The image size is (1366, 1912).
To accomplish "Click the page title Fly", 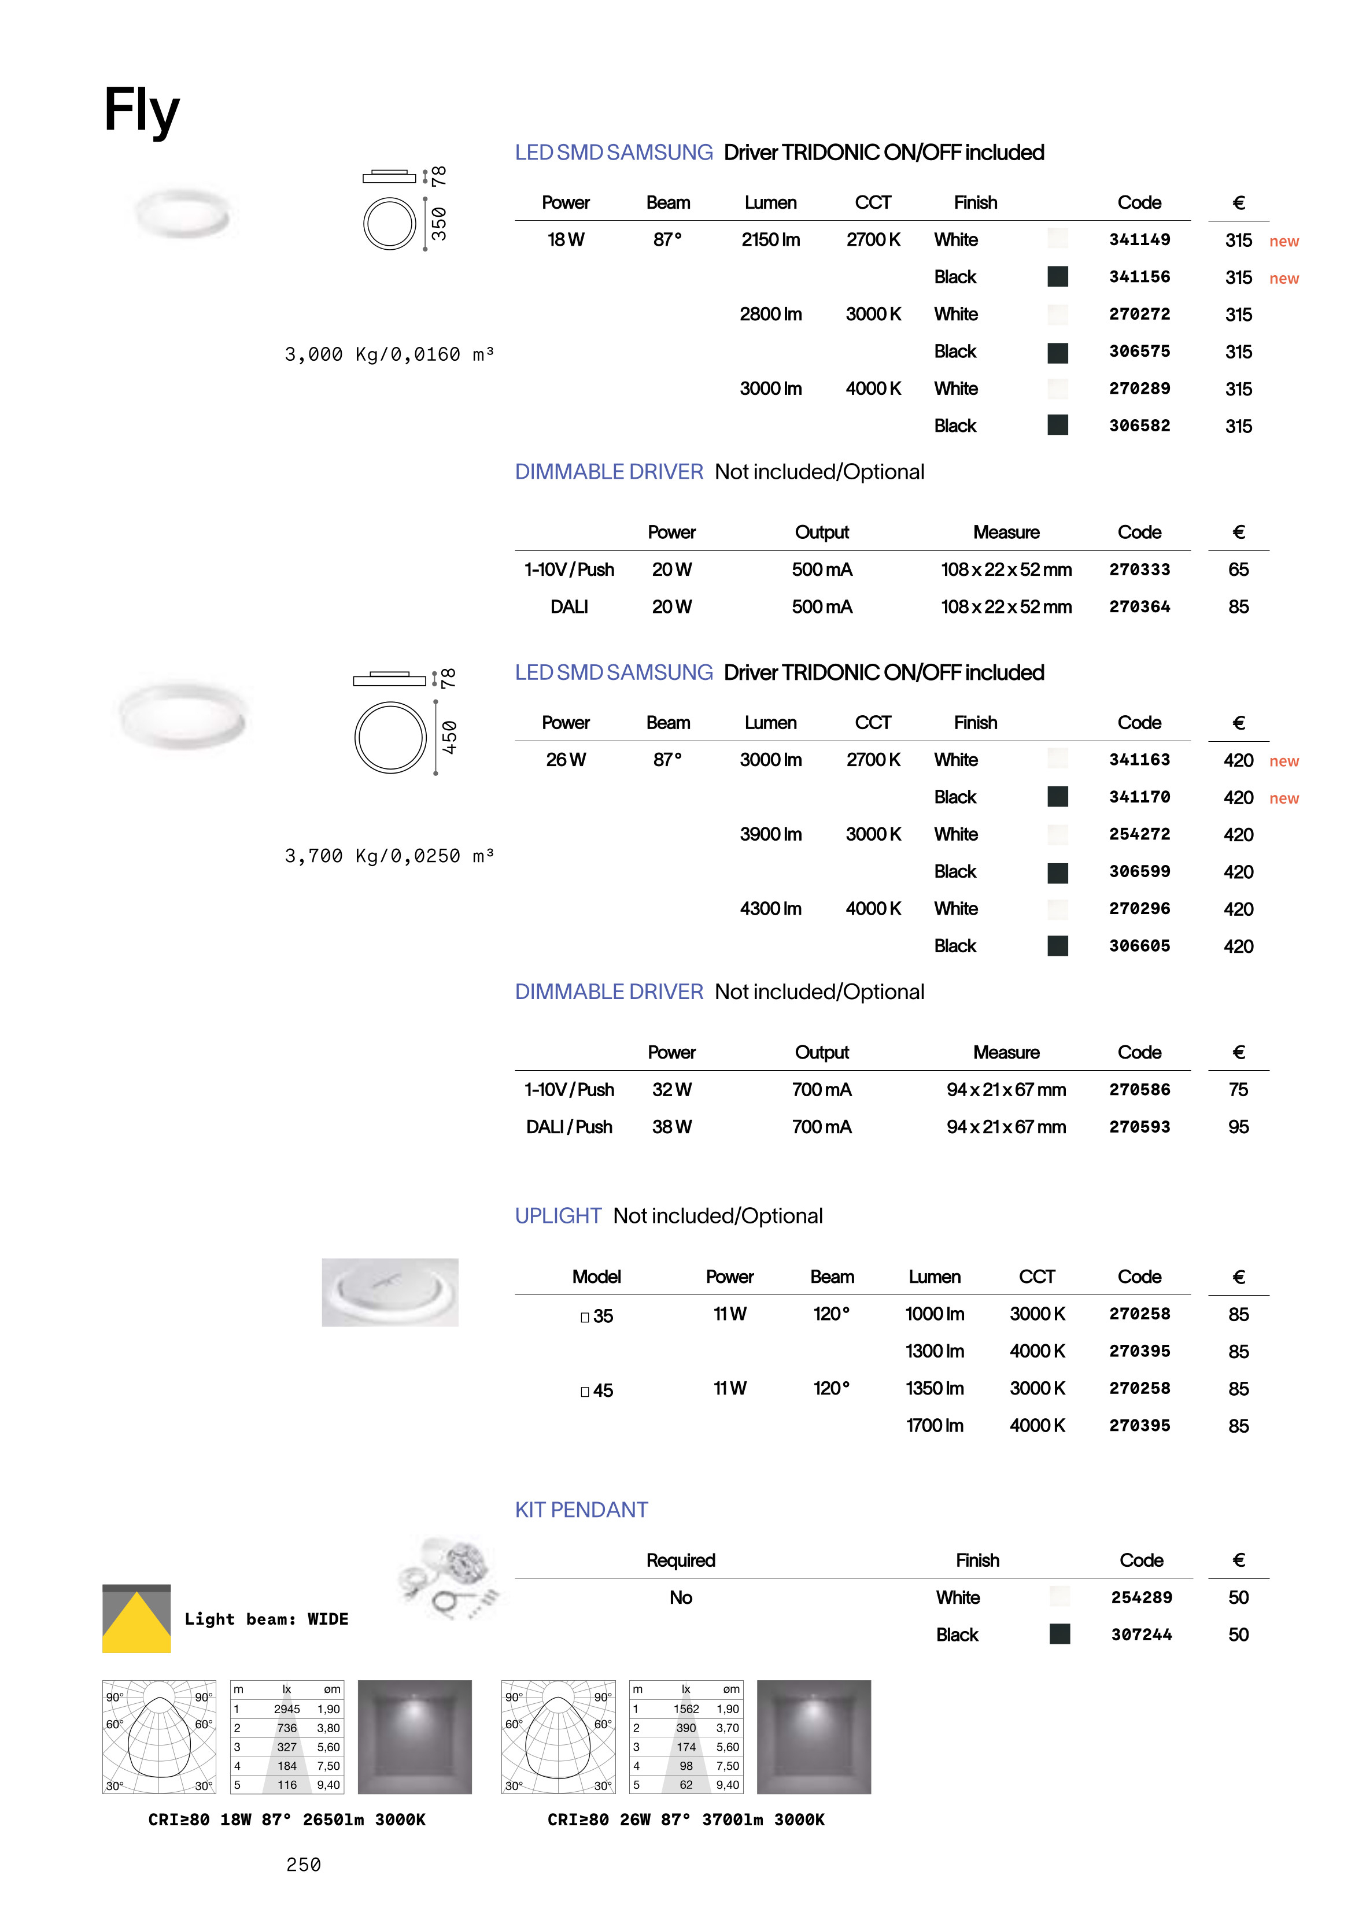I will coord(141,110).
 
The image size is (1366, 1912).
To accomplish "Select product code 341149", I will coord(1139,239).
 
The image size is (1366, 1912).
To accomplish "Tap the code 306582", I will coord(1139,426).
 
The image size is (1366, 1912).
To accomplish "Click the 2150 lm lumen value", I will coord(770,239).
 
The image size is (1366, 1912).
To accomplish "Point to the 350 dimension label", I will coord(439,224).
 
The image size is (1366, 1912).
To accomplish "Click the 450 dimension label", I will coord(450,737).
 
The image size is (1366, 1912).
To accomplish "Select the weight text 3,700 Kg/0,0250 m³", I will coord(389,856).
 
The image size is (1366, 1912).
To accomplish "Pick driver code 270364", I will coord(1139,606).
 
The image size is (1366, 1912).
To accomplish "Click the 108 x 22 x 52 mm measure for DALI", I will coord(1006,606).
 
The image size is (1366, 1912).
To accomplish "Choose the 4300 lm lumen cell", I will coord(770,908).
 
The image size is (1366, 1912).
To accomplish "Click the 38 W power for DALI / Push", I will coord(671,1127).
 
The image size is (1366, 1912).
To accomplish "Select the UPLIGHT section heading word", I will coord(558,1216).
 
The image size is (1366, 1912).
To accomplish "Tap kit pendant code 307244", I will coord(1140,1634).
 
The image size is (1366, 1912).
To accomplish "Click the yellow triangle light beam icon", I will coord(136,1623).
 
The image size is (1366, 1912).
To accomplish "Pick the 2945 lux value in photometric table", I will coord(286,1708).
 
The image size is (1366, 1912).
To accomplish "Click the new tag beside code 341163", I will coord(1283,761).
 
